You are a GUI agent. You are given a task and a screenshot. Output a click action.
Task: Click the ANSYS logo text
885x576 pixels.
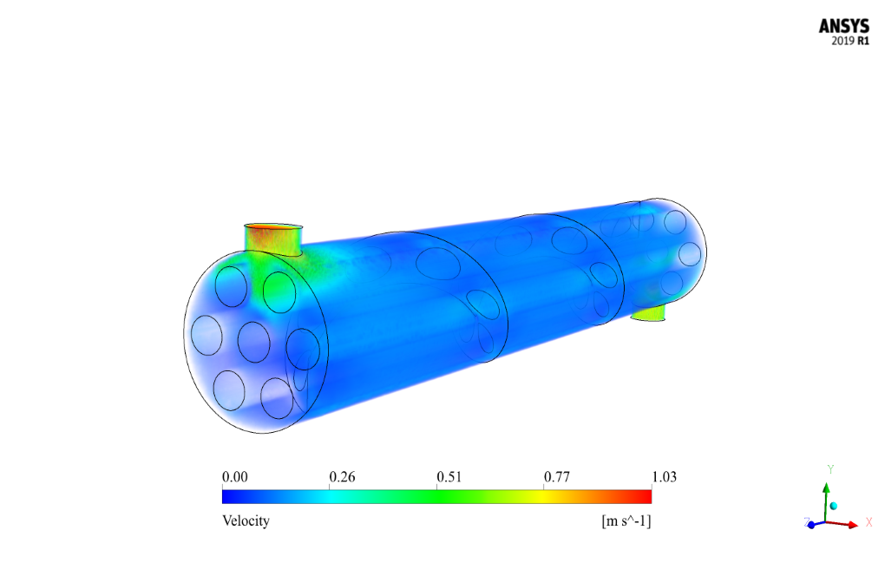[844, 26]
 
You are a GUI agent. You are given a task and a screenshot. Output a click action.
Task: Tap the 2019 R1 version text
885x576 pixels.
[850, 41]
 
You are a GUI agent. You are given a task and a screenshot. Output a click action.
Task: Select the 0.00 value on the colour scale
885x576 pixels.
[235, 477]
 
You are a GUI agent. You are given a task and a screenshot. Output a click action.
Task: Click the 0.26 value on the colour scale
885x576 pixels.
[342, 477]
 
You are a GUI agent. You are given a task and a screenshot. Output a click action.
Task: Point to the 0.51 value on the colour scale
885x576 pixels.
[449, 477]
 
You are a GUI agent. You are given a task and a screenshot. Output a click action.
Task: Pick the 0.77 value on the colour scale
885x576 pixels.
[556, 477]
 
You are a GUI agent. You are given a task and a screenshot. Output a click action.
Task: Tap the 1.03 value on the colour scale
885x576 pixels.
[664, 477]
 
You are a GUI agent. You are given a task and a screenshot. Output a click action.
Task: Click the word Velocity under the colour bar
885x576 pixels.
[246, 520]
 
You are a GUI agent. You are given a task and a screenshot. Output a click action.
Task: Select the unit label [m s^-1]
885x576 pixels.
[626, 520]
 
